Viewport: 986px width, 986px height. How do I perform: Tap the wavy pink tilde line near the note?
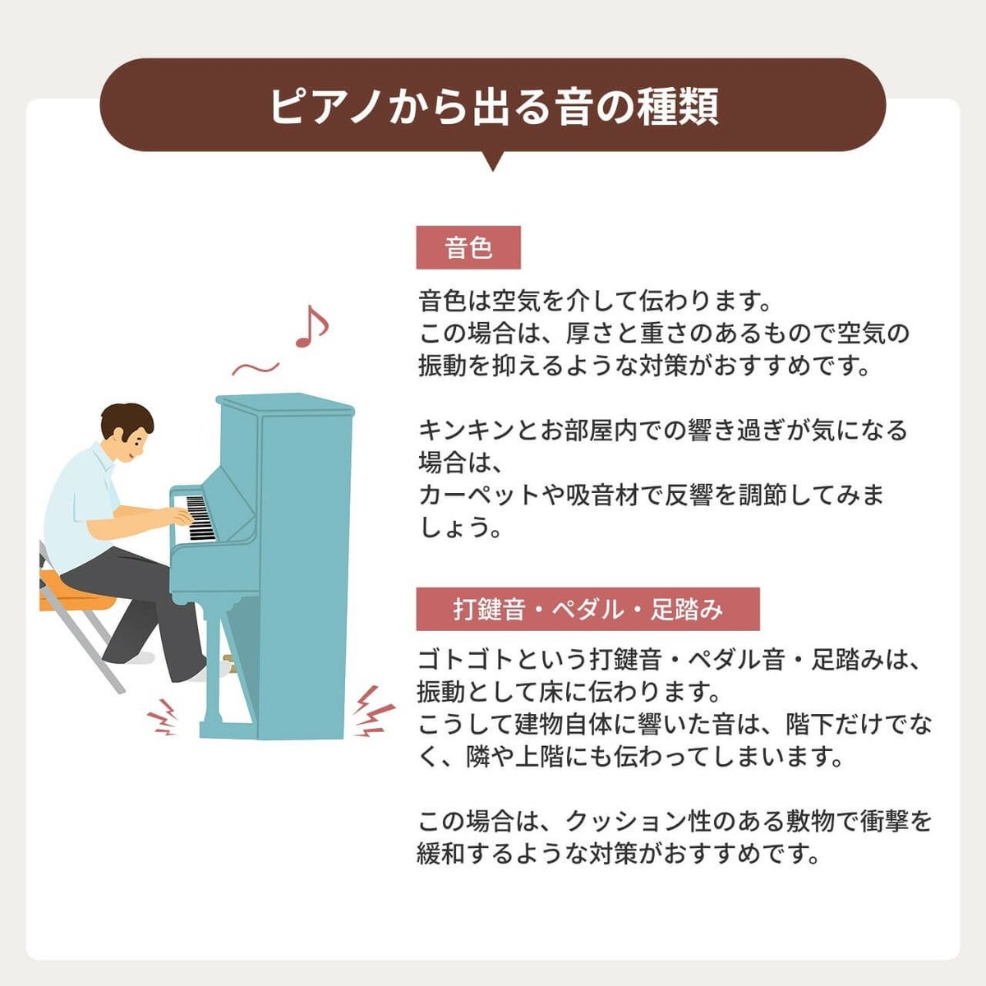tap(256, 366)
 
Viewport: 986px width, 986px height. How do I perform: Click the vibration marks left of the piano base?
tap(163, 716)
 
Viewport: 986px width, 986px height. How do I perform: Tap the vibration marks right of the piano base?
tap(374, 712)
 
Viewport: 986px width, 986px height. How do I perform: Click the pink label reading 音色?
tap(468, 247)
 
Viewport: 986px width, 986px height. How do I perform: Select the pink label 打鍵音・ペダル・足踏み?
tap(588, 609)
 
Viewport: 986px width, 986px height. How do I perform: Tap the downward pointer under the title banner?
tap(493, 161)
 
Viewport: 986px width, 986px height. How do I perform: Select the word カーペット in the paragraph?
tap(479, 495)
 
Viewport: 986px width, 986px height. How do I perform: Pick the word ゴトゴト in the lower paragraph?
tap(466, 660)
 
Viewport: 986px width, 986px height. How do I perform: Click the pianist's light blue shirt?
tap(80, 508)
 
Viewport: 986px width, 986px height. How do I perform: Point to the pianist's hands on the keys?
tap(182, 517)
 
